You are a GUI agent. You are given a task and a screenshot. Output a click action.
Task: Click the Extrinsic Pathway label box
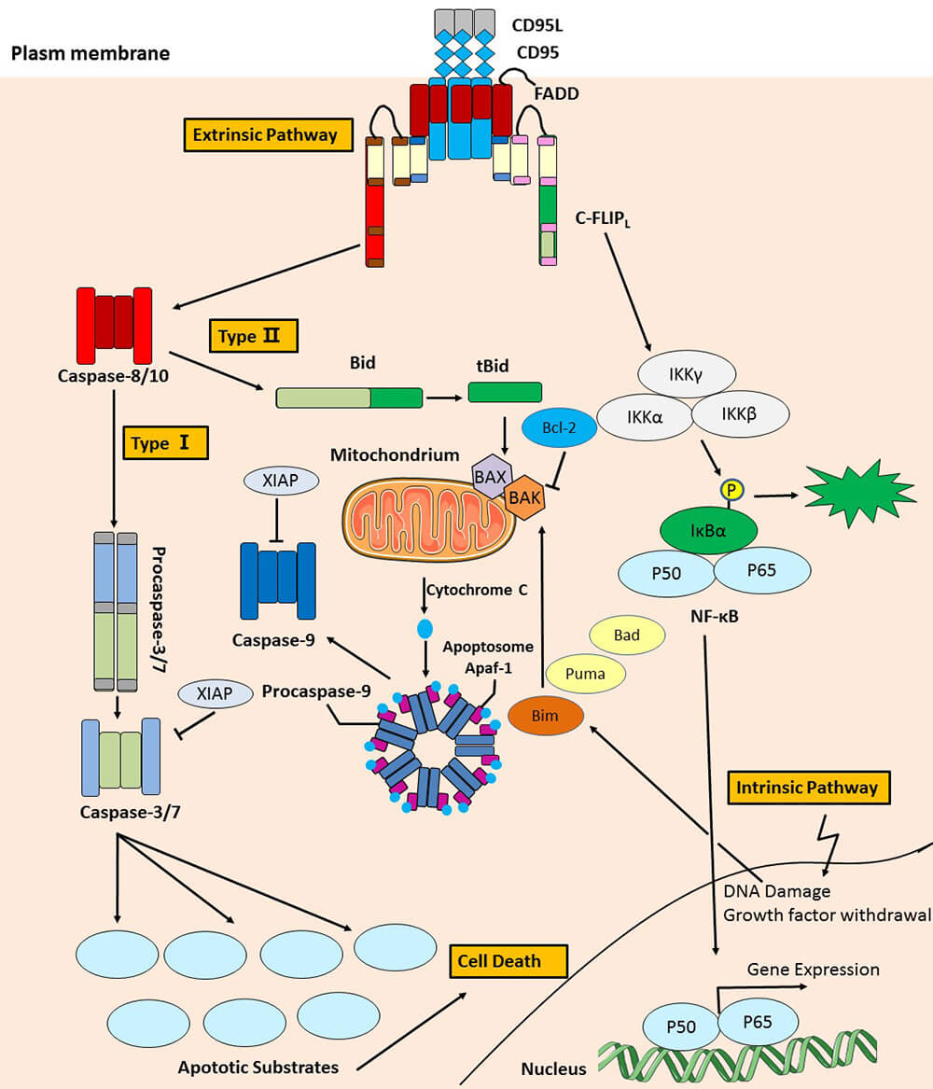pyautogui.click(x=264, y=134)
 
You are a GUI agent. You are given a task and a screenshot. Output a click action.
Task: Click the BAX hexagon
pyautogui.click(x=490, y=477)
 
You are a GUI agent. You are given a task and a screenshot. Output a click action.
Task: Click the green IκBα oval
pyautogui.click(x=708, y=532)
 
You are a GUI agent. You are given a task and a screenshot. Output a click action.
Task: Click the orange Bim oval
pyautogui.click(x=546, y=715)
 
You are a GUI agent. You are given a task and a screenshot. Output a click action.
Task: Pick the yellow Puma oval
pyautogui.click(x=585, y=673)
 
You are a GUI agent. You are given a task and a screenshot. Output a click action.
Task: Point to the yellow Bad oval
pyautogui.click(x=627, y=635)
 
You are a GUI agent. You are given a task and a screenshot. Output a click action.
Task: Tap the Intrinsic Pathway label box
pyautogui.click(x=808, y=787)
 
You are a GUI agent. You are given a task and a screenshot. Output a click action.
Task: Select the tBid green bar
pyautogui.click(x=505, y=393)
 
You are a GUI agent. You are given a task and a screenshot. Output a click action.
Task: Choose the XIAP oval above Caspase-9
pyautogui.click(x=281, y=482)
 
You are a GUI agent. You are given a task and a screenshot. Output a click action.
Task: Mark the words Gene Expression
pyautogui.click(x=813, y=970)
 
